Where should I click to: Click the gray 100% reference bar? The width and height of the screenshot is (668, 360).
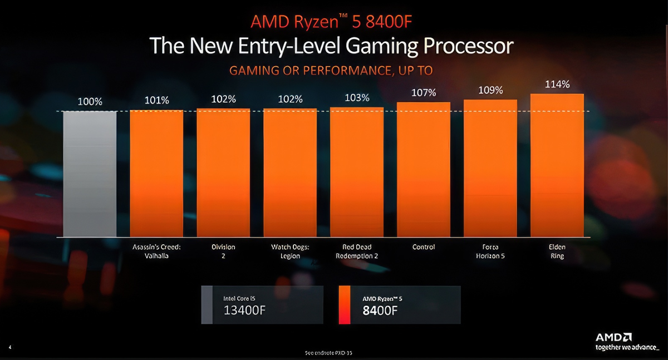90,174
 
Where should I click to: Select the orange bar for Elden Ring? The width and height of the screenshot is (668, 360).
557,165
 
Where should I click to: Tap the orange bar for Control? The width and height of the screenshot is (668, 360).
424,170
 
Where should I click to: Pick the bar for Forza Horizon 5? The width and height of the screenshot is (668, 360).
490,168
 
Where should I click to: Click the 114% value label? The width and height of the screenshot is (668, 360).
557,85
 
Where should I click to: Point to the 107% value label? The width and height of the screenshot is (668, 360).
424,92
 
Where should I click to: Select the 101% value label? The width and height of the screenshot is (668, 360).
156,101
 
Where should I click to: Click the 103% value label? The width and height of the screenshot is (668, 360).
357,98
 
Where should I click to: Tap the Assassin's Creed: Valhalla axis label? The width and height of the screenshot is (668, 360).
156,251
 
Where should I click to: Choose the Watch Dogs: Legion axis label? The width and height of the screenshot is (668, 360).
290,251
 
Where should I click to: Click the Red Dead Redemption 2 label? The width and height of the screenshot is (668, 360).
357,251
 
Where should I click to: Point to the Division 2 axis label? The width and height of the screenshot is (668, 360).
223,251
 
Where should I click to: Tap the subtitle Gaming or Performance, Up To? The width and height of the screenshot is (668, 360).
331,71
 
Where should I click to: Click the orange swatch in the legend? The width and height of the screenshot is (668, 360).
344,305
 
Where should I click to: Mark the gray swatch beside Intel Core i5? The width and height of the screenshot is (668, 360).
207,305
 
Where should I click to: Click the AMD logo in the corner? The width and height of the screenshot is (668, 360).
613,337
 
